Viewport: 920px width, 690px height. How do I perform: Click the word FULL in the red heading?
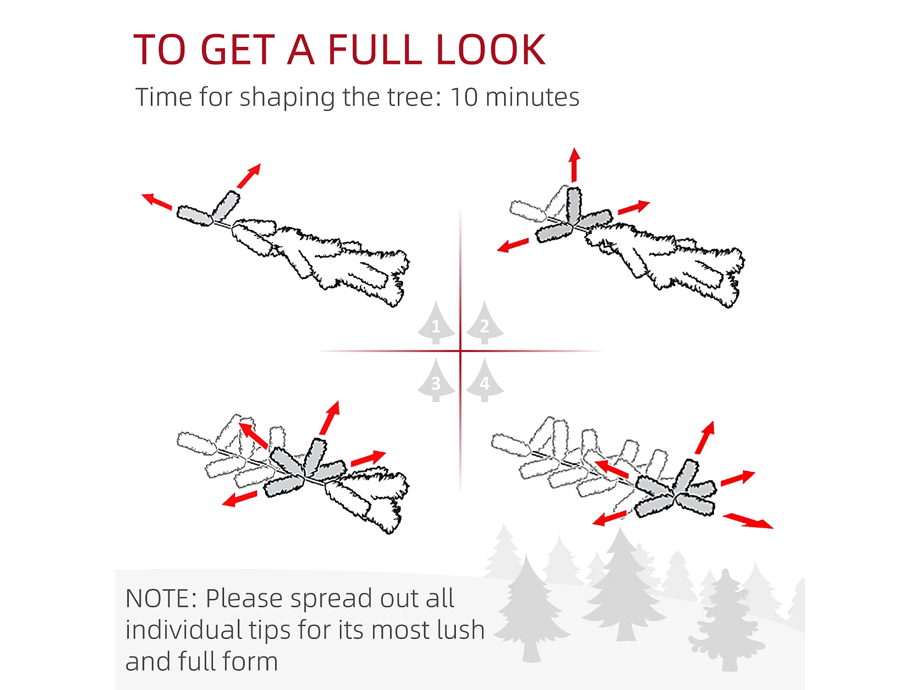(374, 49)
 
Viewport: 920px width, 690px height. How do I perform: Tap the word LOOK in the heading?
(490, 49)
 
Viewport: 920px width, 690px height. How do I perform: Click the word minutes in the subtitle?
(532, 97)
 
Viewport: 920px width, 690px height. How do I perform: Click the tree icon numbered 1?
(436, 322)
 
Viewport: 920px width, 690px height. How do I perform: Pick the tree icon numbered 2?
(485, 322)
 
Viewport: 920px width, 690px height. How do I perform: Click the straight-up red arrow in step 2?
(574, 165)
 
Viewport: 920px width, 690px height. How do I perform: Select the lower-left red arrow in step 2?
(513, 245)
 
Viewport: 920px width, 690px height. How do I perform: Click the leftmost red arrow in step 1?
(156, 201)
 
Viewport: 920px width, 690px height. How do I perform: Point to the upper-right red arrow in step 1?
(249, 176)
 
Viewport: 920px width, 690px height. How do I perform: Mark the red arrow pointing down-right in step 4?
(748, 521)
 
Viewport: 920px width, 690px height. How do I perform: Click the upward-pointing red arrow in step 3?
(330, 418)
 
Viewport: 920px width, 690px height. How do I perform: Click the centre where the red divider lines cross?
(460, 351)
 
